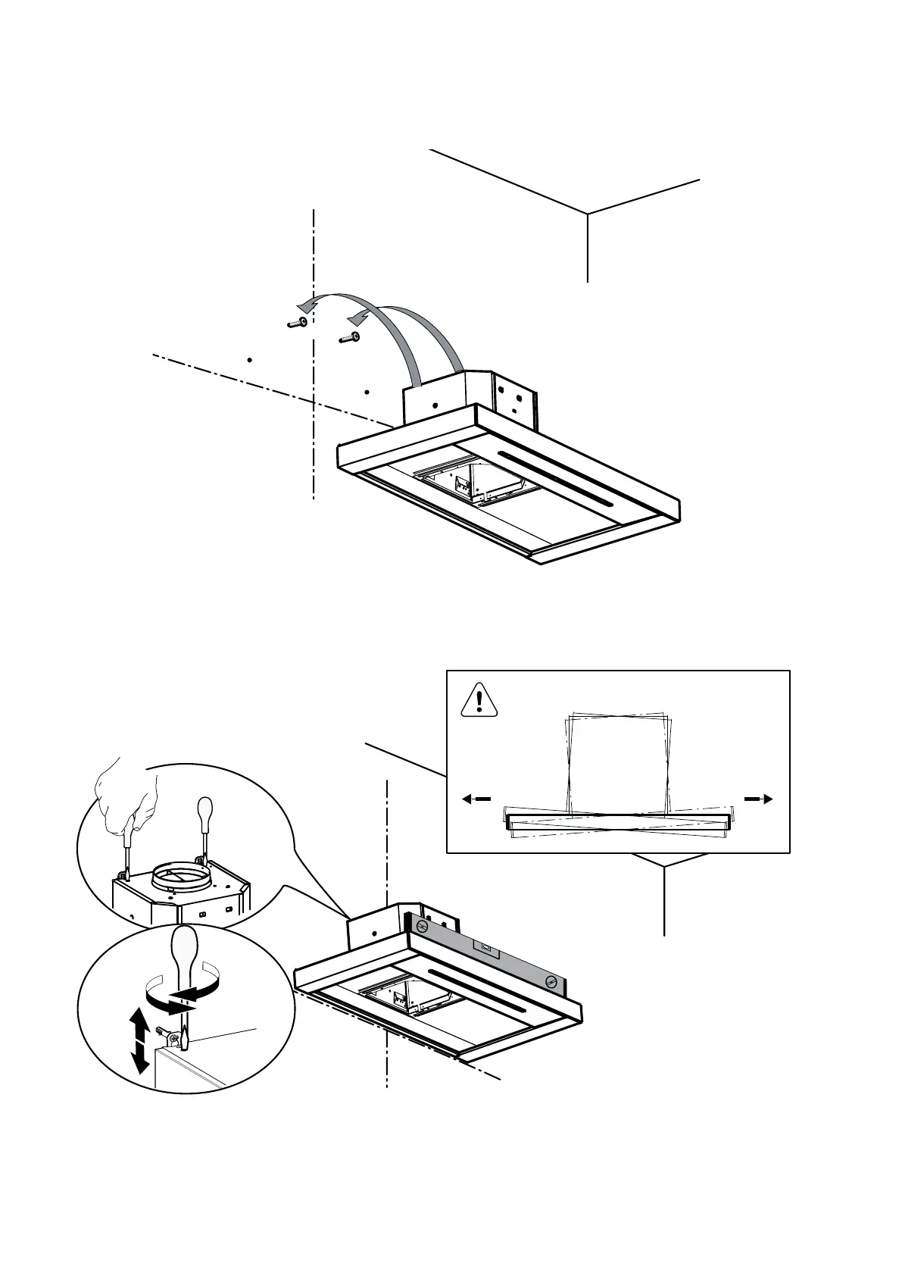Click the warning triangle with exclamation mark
pyautogui.click(x=479, y=700)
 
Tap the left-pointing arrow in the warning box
pyautogui.click(x=476, y=799)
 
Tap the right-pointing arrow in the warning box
pyautogui.click(x=758, y=798)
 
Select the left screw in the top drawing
pyautogui.click(x=297, y=324)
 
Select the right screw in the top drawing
pyautogui.click(x=350, y=337)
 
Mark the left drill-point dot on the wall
pyautogui.click(x=249, y=359)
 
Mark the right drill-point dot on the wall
pyautogui.click(x=367, y=392)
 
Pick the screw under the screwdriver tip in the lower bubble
pyautogui.click(x=175, y=1038)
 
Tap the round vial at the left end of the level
pyautogui.click(x=424, y=926)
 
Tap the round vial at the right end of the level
pyautogui.click(x=551, y=981)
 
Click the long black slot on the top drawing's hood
pyautogui.click(x=554, y=477)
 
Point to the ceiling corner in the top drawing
pyautogui.click(x=588, y=213)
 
